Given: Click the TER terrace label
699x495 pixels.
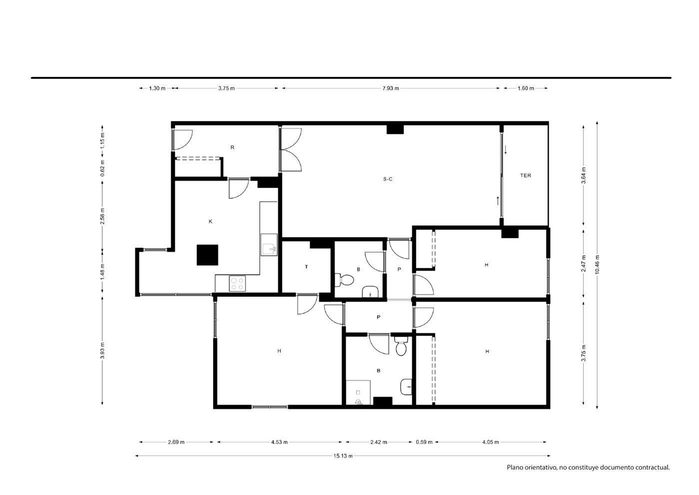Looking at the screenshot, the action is (526, 175).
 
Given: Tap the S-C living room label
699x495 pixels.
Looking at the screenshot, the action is (388, 179).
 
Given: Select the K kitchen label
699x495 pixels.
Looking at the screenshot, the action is (210, 221).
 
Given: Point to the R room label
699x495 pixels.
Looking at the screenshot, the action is (232, 147).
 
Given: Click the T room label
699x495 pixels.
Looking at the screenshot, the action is (306, 266).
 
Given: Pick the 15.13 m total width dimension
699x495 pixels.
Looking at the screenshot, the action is (343, 455).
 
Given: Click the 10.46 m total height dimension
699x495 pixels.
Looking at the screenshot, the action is (597, 264).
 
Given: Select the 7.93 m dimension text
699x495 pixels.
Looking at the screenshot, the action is (391, 88).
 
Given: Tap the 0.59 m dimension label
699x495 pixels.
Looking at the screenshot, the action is (424, 442).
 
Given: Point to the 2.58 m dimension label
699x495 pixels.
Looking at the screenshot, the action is (102, 216).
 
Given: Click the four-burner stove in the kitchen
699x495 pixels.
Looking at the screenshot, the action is (237, 283).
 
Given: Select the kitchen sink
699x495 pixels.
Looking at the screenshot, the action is (269, 245).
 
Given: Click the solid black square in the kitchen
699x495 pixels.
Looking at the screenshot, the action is (207, 255).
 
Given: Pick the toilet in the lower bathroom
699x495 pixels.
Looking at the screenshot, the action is (401, 346).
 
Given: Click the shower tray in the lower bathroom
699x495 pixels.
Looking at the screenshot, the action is (358, 392).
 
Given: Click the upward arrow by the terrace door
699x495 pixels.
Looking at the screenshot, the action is (498, 200).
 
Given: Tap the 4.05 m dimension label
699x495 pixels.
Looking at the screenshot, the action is (491, 442).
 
